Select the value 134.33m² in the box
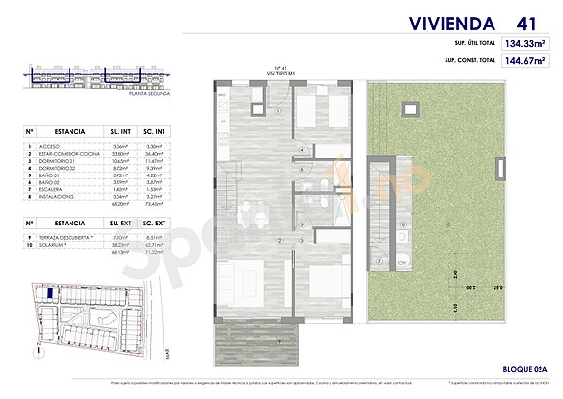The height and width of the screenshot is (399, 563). (524, 43)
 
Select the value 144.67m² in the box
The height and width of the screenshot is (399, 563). (524, 60)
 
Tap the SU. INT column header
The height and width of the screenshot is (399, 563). (121, 128)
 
